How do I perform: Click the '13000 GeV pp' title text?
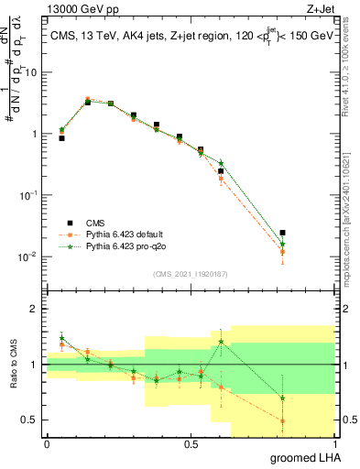pos(80,8)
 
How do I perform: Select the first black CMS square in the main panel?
pos(61,137)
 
